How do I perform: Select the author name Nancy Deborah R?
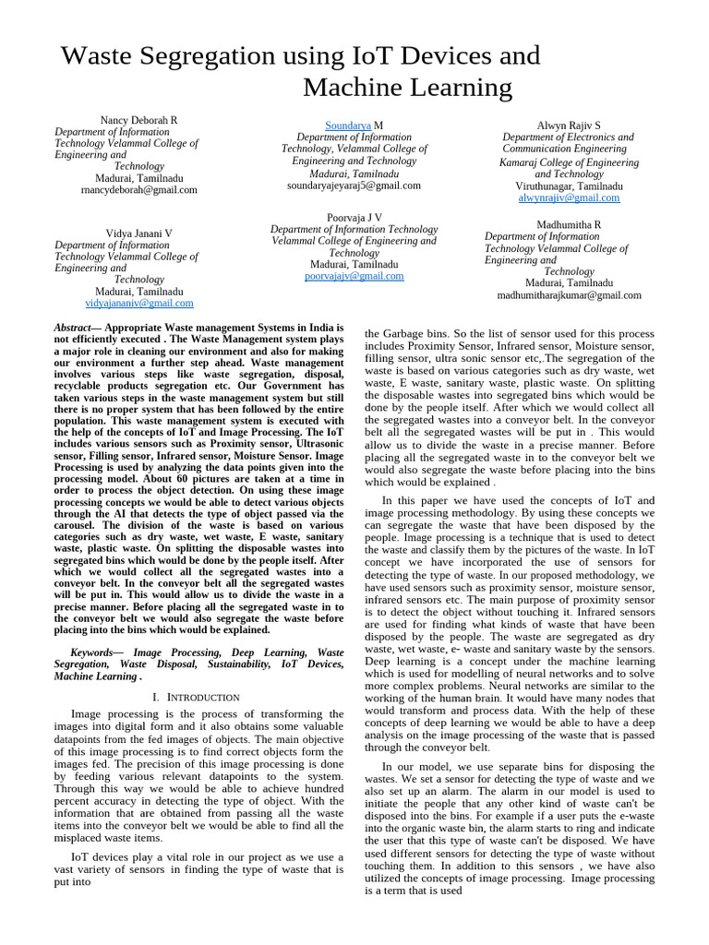tap(138, 121)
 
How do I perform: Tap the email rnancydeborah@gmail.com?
tap(138, 190)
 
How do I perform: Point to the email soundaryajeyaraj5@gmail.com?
tap(354, 185)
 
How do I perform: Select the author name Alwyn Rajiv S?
tap(568, 125)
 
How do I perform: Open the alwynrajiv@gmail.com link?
tap(568, 198)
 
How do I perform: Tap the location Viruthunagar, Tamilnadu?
tap(569, 186)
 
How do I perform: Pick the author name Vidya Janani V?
tap(138, 234)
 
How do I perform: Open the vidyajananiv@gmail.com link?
tap(138, 303)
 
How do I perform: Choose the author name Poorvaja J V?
tap(354, 218)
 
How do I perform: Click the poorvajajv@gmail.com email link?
tap(354, 276)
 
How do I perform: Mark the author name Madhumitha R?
tap(569, 225)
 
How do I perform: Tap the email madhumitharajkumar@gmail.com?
tap(569, 295)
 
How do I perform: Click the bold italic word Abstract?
tap(73, 328)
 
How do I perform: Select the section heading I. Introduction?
tap(197, 698)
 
